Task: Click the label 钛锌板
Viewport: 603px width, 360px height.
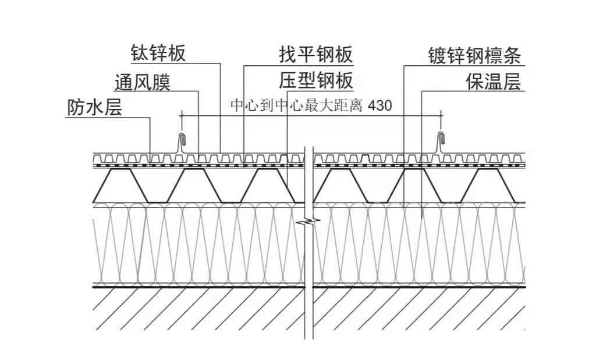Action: click(158, 54)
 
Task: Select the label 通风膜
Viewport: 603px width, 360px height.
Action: click(143, 83)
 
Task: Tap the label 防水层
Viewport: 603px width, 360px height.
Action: click(95, 108)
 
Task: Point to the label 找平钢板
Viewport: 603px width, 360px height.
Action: click(316, 55)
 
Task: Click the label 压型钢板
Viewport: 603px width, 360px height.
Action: click(316, 81)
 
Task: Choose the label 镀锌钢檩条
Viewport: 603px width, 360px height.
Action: click(474, 56)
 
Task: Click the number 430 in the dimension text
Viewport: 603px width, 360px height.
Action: click(381, 106)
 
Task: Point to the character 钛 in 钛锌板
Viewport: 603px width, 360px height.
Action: click(140, 54)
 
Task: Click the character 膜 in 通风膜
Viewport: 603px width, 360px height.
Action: click(161, 83)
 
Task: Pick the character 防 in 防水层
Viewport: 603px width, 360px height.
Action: click(77, 108)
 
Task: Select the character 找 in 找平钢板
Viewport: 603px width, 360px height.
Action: click(289, 55)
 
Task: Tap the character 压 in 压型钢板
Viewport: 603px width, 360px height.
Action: click(289, 81)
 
